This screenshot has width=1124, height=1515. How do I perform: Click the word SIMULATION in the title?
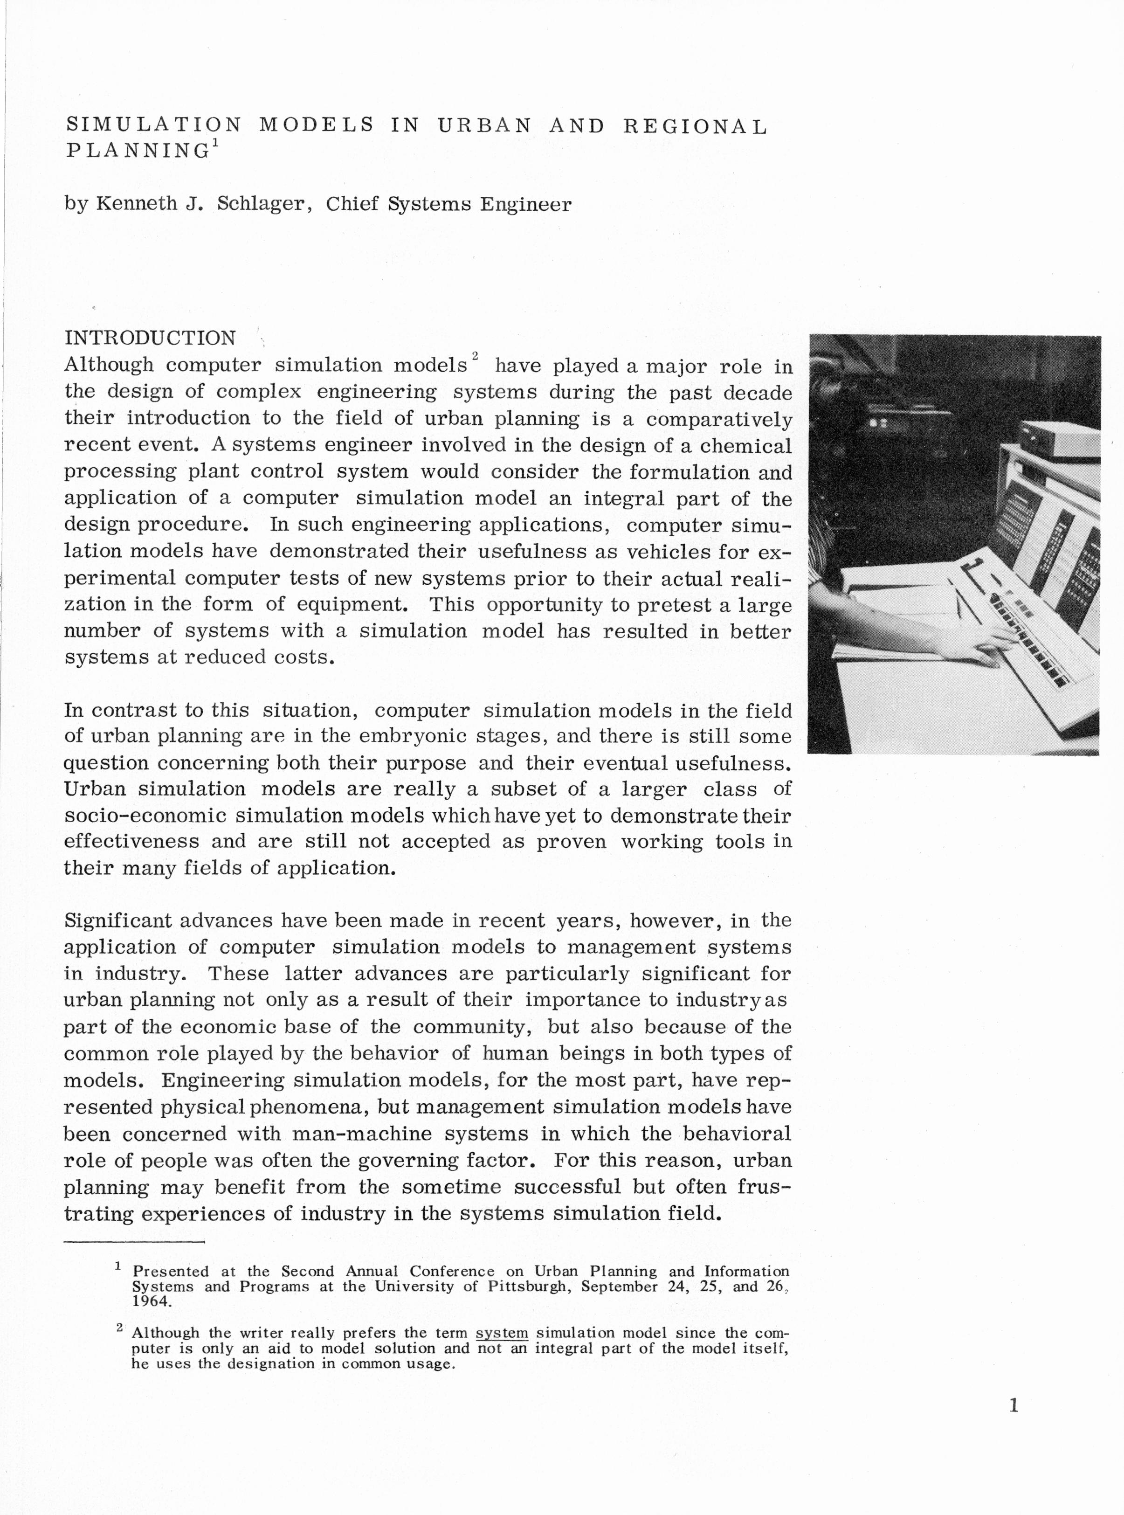point(153,125)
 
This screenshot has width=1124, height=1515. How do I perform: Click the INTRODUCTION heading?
point(150,338)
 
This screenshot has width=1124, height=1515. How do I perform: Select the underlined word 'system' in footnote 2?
point(502,1333)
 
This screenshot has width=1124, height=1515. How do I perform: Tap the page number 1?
point(1013,1405)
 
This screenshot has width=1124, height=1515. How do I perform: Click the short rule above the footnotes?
point(134,1242)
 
